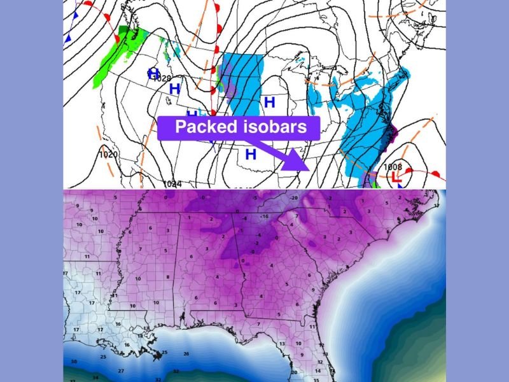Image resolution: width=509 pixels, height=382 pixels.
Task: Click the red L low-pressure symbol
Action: (395, 178)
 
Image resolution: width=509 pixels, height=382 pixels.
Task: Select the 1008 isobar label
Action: (393, 167)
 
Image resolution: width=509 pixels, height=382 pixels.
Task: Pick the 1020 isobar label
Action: (109, 155)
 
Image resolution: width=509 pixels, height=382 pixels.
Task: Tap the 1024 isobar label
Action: (172, 184)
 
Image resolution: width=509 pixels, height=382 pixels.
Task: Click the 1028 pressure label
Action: (164, 78)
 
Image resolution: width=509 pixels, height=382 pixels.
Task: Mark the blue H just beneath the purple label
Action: (251, 153)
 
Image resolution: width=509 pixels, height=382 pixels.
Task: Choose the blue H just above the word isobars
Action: (269, 102)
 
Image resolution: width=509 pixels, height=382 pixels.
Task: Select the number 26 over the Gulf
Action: (186, 354)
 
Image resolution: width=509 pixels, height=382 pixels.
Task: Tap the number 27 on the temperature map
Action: (121, 371)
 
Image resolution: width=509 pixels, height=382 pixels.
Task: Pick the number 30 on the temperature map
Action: (74, 362)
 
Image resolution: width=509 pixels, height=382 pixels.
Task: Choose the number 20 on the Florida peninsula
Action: (294, 372)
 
